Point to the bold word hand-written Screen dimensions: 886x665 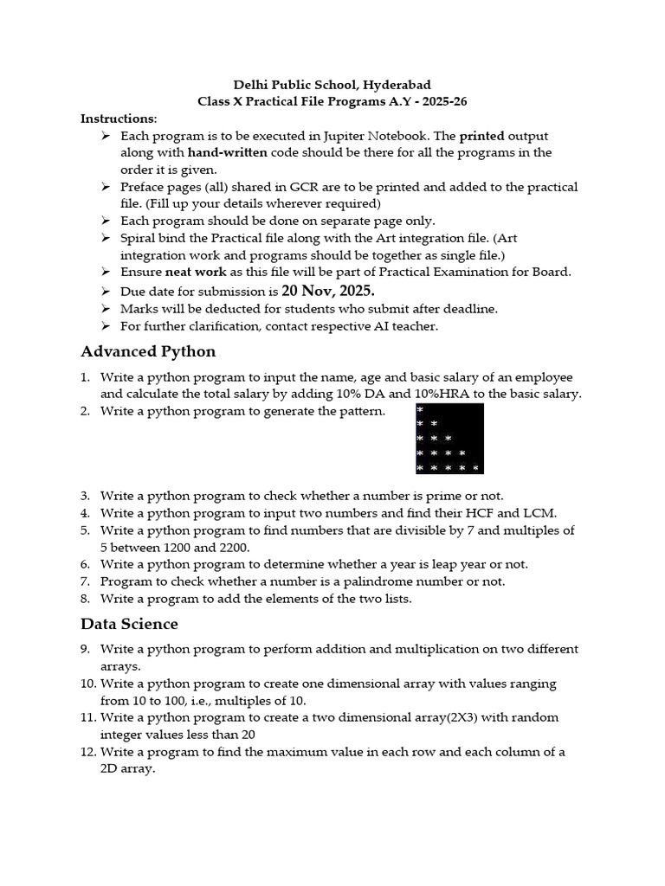click(229, 152)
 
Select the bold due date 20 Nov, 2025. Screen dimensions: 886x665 click(328, 290)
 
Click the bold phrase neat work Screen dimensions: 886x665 click(196, 272)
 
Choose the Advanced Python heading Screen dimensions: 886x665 click(148, 350)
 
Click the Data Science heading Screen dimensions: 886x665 click(129, 623)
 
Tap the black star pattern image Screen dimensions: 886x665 click(449, 439)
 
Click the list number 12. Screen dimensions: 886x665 click(87, 752)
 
